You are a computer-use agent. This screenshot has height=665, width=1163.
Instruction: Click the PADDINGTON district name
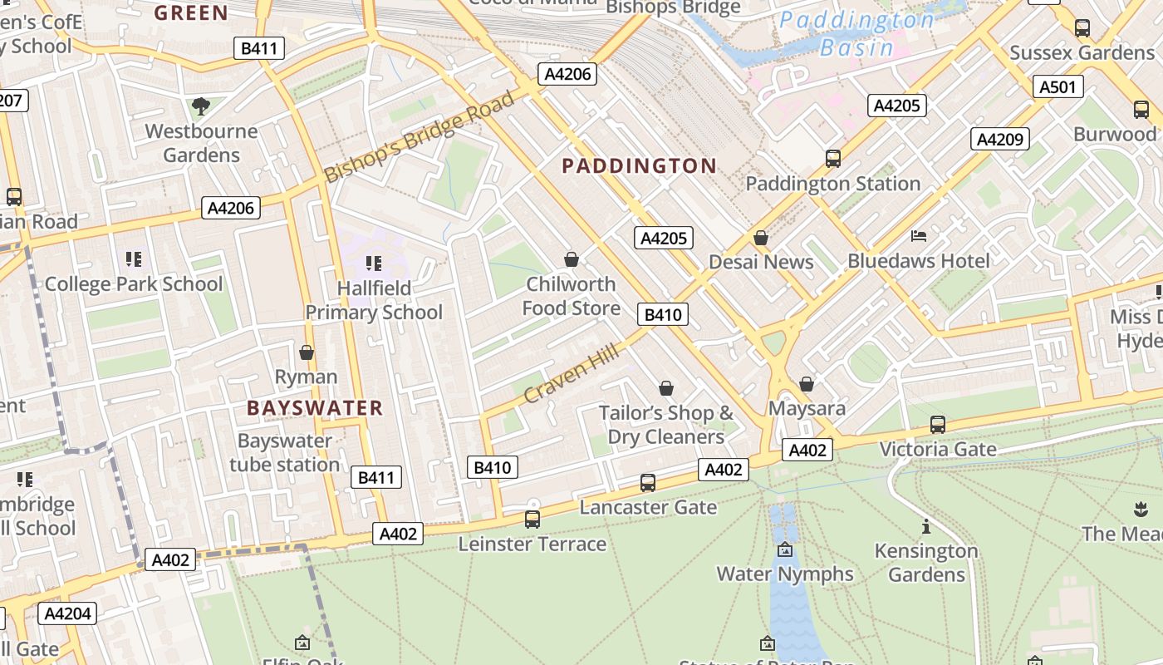(639, 166)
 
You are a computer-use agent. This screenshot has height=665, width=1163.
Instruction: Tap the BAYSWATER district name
(315, 408)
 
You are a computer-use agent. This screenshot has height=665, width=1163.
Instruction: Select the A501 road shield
(1057, 86)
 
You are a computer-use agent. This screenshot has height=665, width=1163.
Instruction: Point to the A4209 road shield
(1000, 139)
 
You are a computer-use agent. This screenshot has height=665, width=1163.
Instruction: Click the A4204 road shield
(67, 614)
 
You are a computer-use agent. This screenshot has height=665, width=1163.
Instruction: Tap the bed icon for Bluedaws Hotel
(918, 237)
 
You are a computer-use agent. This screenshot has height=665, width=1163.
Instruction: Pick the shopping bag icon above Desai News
(760, 239)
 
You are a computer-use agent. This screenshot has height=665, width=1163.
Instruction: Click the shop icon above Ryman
(307, 352)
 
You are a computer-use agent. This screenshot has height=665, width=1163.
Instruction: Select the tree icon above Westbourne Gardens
(200, 106)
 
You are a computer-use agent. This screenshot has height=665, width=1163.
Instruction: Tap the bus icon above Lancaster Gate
(647, 483)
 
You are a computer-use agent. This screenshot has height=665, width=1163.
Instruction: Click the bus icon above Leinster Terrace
(532, 520)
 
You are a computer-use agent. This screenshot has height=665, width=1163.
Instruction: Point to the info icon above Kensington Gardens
(925, 527)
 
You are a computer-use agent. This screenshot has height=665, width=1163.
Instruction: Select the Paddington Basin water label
(856, 33)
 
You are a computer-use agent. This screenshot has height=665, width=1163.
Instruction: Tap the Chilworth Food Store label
(571, 296)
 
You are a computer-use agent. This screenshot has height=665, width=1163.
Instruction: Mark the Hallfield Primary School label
(374, 300)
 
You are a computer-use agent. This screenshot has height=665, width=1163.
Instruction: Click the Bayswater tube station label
(285, 452)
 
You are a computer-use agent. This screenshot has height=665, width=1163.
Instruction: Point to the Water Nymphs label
(784, 574)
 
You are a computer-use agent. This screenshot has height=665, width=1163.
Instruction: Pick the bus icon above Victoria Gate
(937, 425)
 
